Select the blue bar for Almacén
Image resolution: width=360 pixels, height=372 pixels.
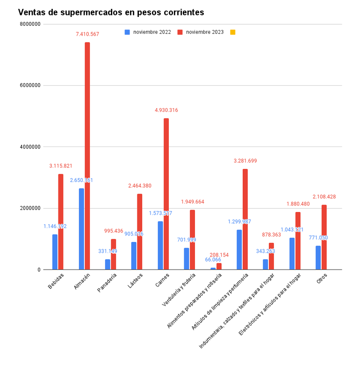click(81, 229)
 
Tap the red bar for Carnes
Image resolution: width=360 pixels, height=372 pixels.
click(166, 194)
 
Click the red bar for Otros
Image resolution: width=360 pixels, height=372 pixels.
click(324, 237)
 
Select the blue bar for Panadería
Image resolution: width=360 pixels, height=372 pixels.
click(108, 264)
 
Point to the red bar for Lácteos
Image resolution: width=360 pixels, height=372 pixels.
click(140, 232)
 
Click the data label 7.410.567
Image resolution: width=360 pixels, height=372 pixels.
click(87, 34)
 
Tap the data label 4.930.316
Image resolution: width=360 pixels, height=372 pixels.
click(166, 110)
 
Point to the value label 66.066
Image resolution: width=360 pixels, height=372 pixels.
click(213, 260)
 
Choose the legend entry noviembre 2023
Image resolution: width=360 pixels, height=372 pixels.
click(204, 32)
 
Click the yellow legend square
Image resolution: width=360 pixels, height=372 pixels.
click(232, 32)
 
